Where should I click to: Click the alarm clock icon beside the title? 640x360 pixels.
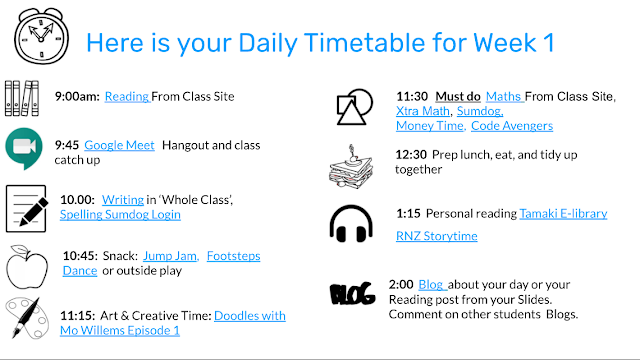point(41,36)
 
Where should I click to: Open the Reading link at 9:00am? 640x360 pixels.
point(127,96)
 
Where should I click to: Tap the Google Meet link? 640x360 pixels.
point(119,145)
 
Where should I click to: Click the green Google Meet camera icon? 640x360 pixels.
point(24,149)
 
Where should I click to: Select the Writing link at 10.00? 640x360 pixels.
point(122,200)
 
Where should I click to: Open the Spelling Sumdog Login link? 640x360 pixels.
point(120,214)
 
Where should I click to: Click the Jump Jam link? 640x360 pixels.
point(171,256)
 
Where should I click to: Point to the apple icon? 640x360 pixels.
point(27,267)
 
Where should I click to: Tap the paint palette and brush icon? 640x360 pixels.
point(27,318)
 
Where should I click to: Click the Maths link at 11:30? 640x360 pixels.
point(504,96)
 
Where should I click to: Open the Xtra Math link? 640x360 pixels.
point(423,111)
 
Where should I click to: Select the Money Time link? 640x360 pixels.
point(430,126)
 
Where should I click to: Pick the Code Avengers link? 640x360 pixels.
point(512,126)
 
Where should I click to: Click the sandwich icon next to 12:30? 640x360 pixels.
point(351,167)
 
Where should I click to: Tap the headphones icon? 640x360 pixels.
point(351,224)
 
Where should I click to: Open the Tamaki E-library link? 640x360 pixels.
point(563,213)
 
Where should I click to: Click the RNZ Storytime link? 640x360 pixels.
point(437,236)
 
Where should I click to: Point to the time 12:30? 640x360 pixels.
point(411,155)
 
